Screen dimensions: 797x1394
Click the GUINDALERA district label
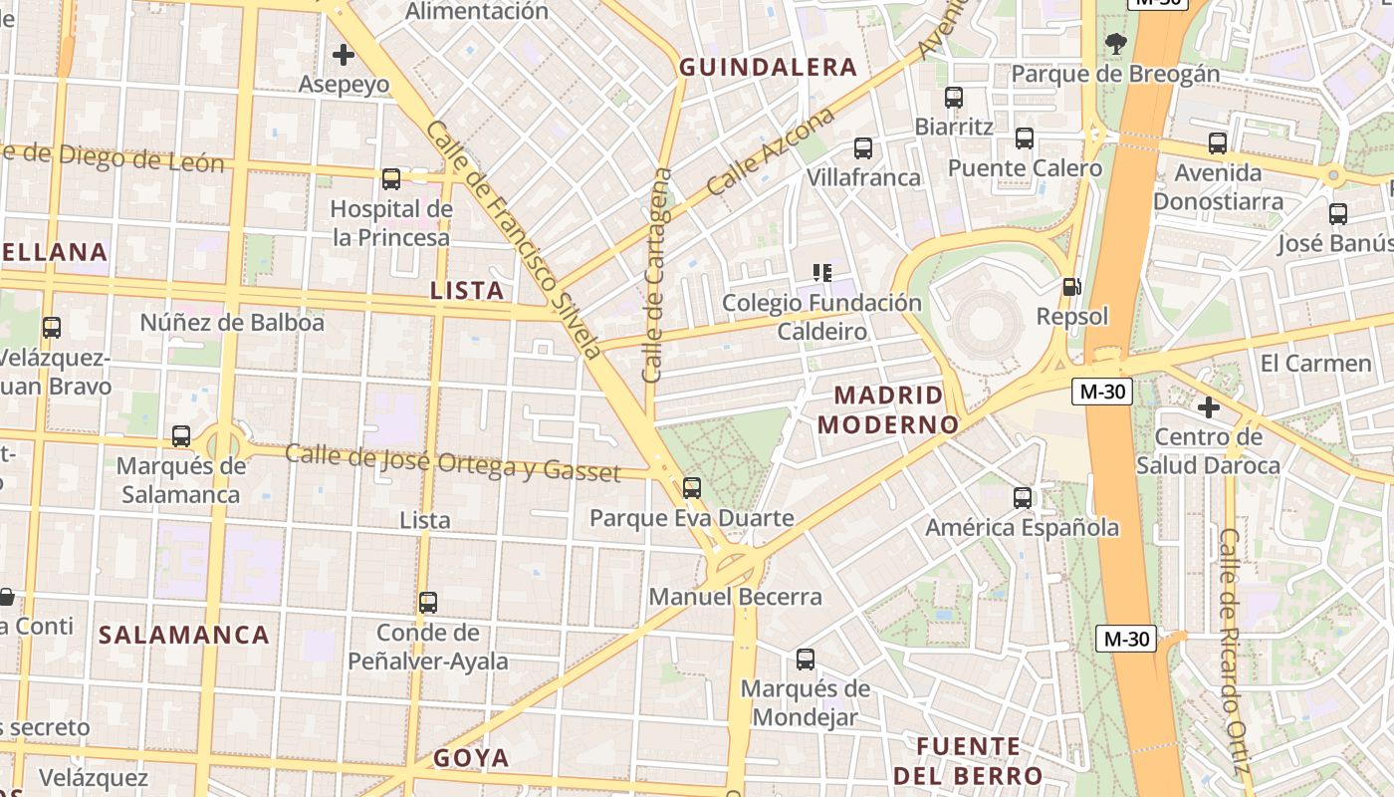(767, 67)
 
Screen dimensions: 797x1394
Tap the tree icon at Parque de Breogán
(1115, 43)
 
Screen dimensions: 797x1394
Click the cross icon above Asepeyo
(344, 55)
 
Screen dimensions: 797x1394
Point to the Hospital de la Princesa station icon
(391, 179)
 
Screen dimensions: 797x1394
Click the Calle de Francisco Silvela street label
(513, 239)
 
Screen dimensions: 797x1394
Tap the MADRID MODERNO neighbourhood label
(887, 409)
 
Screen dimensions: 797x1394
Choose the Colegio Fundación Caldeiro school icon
(822, 272)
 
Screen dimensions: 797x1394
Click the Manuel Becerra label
(735, 597)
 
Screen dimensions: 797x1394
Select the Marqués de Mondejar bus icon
(806, 660)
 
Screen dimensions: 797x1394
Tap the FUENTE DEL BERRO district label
(968, 761)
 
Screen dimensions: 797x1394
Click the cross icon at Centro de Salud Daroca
(1209, 407)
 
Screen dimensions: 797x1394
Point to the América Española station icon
(1023, 498)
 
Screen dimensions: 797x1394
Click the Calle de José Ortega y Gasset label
(453, 463)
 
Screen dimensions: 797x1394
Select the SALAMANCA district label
(184, 635)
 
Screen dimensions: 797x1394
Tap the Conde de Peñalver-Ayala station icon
(428, 603)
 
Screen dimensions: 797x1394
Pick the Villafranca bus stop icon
(863, 148)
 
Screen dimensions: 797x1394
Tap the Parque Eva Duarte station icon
(692, 488)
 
